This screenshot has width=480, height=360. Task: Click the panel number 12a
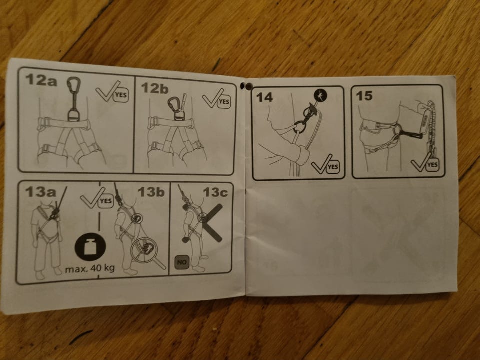pyautogui.click(x=41, y=79)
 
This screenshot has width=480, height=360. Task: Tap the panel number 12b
pyautogui.click(x=155, y=88)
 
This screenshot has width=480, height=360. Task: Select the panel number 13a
pyautogui.click(x=40, y=192)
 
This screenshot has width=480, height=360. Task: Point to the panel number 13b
pyautogui.click(x=151, y=192)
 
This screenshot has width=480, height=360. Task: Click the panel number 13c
pyautogui.click(x=215, y=192)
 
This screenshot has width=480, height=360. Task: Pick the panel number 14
pyautogui.click(x=264, y=97)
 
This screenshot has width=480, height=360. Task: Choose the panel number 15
pyautogui.click(x=364, y=96)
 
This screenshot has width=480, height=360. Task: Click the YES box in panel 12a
pyautogui.click(x=121, y=95)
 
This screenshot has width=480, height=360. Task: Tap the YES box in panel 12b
pyautogui.click(x=224, y=101)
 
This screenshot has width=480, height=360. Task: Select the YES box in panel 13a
pyautogui.click(x=106, y=201)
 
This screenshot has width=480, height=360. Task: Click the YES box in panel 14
pyautogui.click(x=333, y=167)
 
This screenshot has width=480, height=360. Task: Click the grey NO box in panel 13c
pyautogui.click(x=182, y=262)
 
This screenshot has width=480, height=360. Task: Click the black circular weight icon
pyautogui.click(x=90, y=246)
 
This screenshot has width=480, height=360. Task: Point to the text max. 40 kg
pyautogui.click(x=90, y=269)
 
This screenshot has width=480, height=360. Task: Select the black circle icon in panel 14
pyautogui.click(x=320, y=95)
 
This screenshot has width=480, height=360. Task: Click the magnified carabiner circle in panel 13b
pyautogui.click(x=144, y=249)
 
